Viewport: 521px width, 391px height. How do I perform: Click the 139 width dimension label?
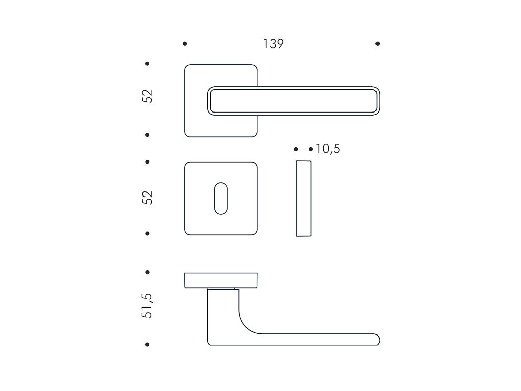273,44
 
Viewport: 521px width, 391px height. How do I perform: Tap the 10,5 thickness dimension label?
328,149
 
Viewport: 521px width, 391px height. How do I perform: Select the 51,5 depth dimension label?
147,305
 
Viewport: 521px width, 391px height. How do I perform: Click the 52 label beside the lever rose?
147,96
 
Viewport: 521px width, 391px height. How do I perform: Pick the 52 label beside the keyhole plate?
147,198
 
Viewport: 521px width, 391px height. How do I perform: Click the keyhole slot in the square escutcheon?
221,199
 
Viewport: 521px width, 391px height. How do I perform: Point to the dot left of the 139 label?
185,44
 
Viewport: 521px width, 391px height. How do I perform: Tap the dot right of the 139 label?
378,44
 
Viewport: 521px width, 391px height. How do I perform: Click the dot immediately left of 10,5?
311,149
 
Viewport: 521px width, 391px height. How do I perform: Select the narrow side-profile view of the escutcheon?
304,199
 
